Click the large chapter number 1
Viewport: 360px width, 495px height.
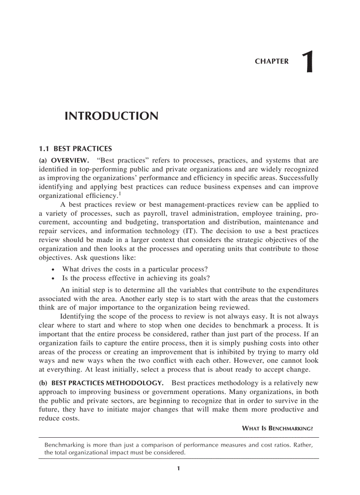308,62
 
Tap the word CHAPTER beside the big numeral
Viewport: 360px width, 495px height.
272,62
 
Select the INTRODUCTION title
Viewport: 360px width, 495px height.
111,116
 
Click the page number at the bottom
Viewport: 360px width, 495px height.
178,469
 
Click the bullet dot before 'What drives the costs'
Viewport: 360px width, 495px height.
53,269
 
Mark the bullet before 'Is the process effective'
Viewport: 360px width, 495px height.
53,279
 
